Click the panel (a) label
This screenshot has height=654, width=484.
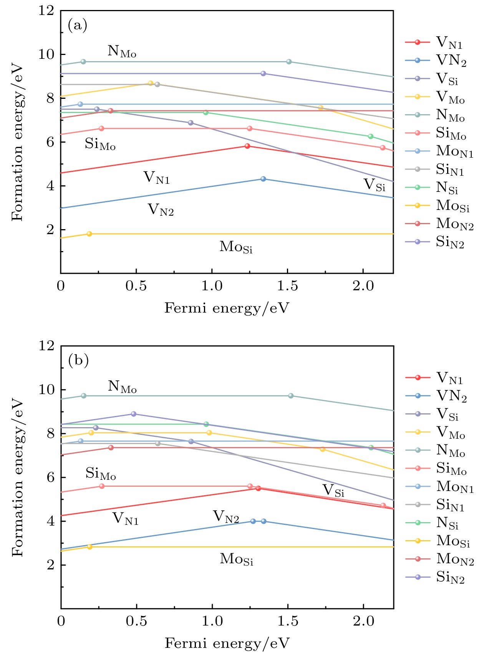click(77, 25)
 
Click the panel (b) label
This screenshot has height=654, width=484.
click(78, 361)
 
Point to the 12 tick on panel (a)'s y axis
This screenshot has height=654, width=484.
click(46, 11)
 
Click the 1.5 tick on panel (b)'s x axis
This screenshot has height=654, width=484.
click(288, 621)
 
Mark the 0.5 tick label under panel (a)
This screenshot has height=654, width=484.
click(136, 286)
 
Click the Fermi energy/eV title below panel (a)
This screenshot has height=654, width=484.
click(227, 308)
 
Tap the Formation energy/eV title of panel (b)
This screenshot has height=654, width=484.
click(18, 478)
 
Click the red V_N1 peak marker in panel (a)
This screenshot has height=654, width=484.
click(247, 146)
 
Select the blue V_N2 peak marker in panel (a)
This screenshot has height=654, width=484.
click(263, 179)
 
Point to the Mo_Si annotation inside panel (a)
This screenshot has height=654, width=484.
click(236, 247)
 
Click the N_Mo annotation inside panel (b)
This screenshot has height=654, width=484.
click(122, 386)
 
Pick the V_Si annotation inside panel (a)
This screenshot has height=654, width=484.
click(375, 185)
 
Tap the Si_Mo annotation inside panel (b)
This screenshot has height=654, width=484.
click(100, 473)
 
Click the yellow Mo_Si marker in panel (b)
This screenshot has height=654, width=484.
click(90, 547)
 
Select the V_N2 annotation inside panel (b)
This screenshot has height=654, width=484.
click(226, 517)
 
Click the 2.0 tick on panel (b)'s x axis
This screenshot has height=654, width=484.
click(363, 621)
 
